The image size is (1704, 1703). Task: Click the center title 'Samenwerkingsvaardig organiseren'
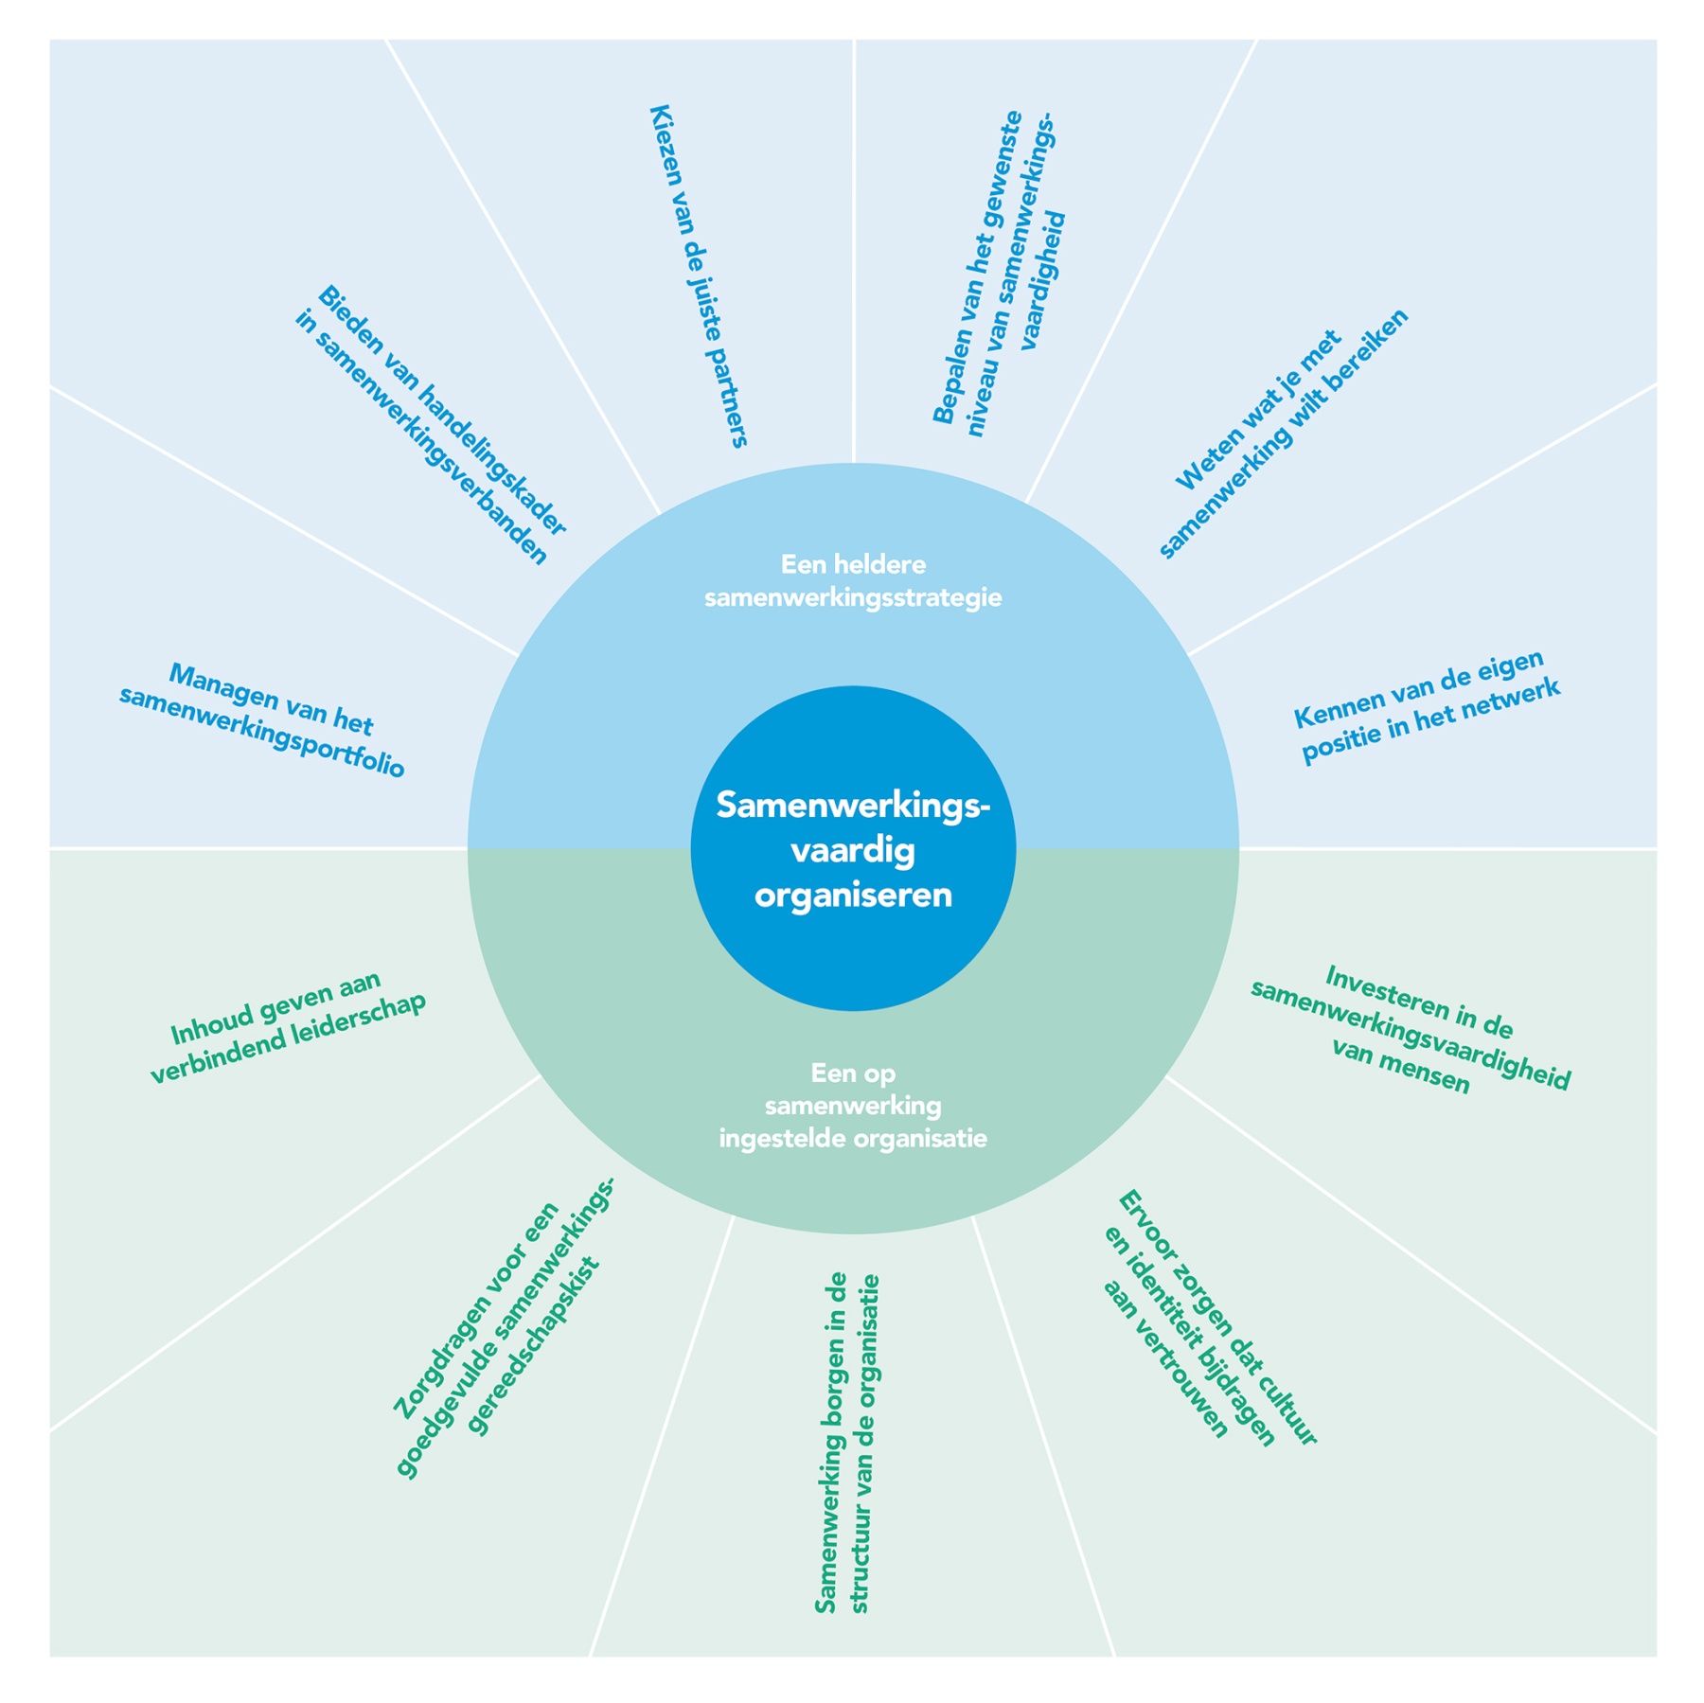coord(852,849)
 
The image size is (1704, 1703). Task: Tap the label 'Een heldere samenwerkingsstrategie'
coord(852,581)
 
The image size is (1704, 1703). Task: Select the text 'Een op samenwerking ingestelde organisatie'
coord(852,1105)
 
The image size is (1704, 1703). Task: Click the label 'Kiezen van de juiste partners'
coord(699,275)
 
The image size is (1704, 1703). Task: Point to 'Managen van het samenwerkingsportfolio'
coord(262,721)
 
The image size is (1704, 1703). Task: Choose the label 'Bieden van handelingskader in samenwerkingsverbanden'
coord(432,425)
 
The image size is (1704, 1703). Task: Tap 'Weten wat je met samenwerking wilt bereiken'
coord(1283,434)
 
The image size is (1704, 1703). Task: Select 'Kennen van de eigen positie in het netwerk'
coord(1427,706)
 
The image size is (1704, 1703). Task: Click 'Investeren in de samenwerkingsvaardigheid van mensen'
coord(1411,1030)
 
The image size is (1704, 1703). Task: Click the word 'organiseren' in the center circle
coord(852,896)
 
